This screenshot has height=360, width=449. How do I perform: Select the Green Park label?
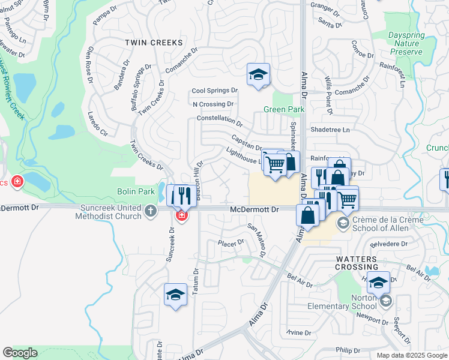(284, 109)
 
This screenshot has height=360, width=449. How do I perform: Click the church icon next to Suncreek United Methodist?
(151, 211)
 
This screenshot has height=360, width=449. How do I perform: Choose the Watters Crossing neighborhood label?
(357, 262)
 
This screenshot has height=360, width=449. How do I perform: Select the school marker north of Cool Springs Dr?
(258, 75)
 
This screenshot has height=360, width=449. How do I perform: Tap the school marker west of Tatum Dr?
(175, 295)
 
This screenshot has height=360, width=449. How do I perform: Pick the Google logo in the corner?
(20, 353)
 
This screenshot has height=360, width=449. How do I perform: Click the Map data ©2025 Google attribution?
(412, 355)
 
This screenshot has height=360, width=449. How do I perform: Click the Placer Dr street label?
(231, 243)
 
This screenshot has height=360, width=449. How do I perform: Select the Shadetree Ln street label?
(329, 130)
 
